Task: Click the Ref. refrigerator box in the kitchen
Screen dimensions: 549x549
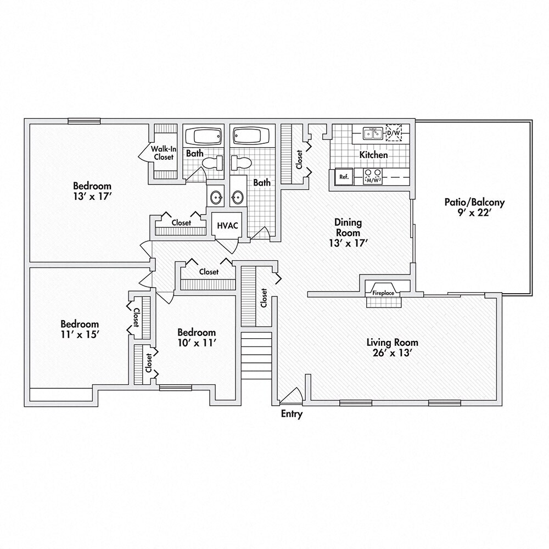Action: [344, 177]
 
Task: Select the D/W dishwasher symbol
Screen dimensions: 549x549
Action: [394, 133]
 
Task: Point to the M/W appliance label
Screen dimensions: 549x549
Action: [373, 180]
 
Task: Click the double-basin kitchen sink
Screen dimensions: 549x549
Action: [373, 133]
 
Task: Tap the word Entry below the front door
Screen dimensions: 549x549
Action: [292, 414]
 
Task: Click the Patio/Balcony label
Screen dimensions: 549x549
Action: [474, 203]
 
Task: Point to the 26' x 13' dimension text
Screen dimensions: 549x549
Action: [389, 354]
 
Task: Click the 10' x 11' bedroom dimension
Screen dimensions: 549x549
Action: [197, 343]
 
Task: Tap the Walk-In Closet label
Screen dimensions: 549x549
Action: [164, 153]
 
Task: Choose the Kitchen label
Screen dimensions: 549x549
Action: [373, 155]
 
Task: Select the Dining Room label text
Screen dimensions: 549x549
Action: [348, 228]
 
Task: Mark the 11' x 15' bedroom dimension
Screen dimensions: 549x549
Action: [80, 334]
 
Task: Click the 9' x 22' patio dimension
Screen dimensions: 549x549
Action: [474, 213]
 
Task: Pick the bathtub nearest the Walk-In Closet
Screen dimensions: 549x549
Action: [202, 135]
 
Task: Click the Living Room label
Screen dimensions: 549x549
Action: [389, 343]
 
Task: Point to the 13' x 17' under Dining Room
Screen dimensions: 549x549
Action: [348, 243]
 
